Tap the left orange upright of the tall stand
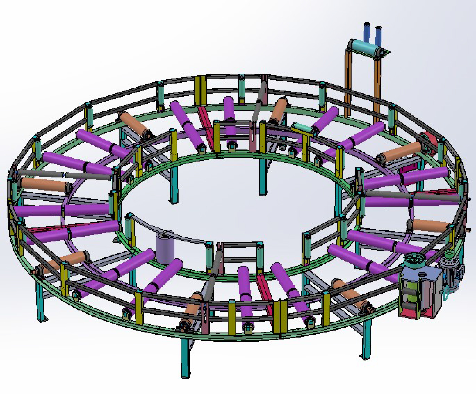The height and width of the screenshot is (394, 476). [x=348, y=84]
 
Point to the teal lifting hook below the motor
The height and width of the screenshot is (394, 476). [x=445, y=294]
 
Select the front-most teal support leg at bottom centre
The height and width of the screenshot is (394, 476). [x=185, y=358]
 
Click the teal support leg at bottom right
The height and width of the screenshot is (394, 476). [x=366, y=340]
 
